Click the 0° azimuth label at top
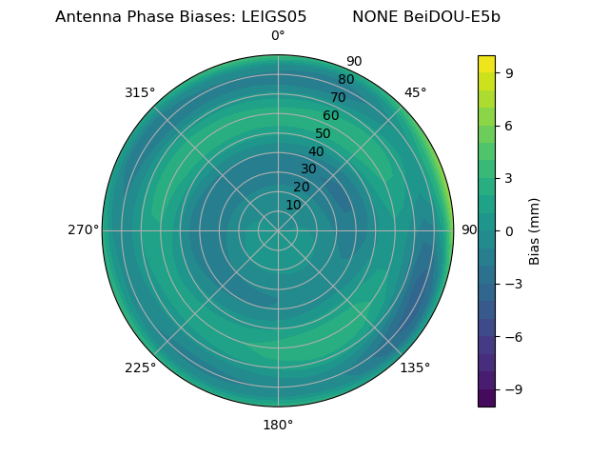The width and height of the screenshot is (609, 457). click(x=278, y=36)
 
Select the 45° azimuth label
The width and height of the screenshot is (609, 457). click(x=415, y=92)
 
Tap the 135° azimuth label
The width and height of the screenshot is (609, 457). click(x=415, y=368)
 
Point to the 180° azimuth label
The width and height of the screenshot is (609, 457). click(x=278, y=425)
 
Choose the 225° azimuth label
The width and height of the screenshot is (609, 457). click(x=140, y=368)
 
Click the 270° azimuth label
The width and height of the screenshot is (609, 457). click(x=83, y=230)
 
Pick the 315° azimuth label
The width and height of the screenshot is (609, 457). click(x=140, y=92)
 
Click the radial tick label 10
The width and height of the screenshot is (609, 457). click(x=293, y=205)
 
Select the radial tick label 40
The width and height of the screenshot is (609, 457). click(x=316, y=151)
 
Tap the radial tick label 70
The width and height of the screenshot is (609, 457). click(x=338, y=97)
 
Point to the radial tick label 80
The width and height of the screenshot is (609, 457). click(x=345, y=79)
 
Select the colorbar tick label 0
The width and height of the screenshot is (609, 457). click(x=510, y=230)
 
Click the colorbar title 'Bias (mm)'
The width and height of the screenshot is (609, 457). click(x=535, y=230)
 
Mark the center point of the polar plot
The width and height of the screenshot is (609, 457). click(x=278, y=230)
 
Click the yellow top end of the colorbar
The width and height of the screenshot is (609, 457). click(x=486, y=60)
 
